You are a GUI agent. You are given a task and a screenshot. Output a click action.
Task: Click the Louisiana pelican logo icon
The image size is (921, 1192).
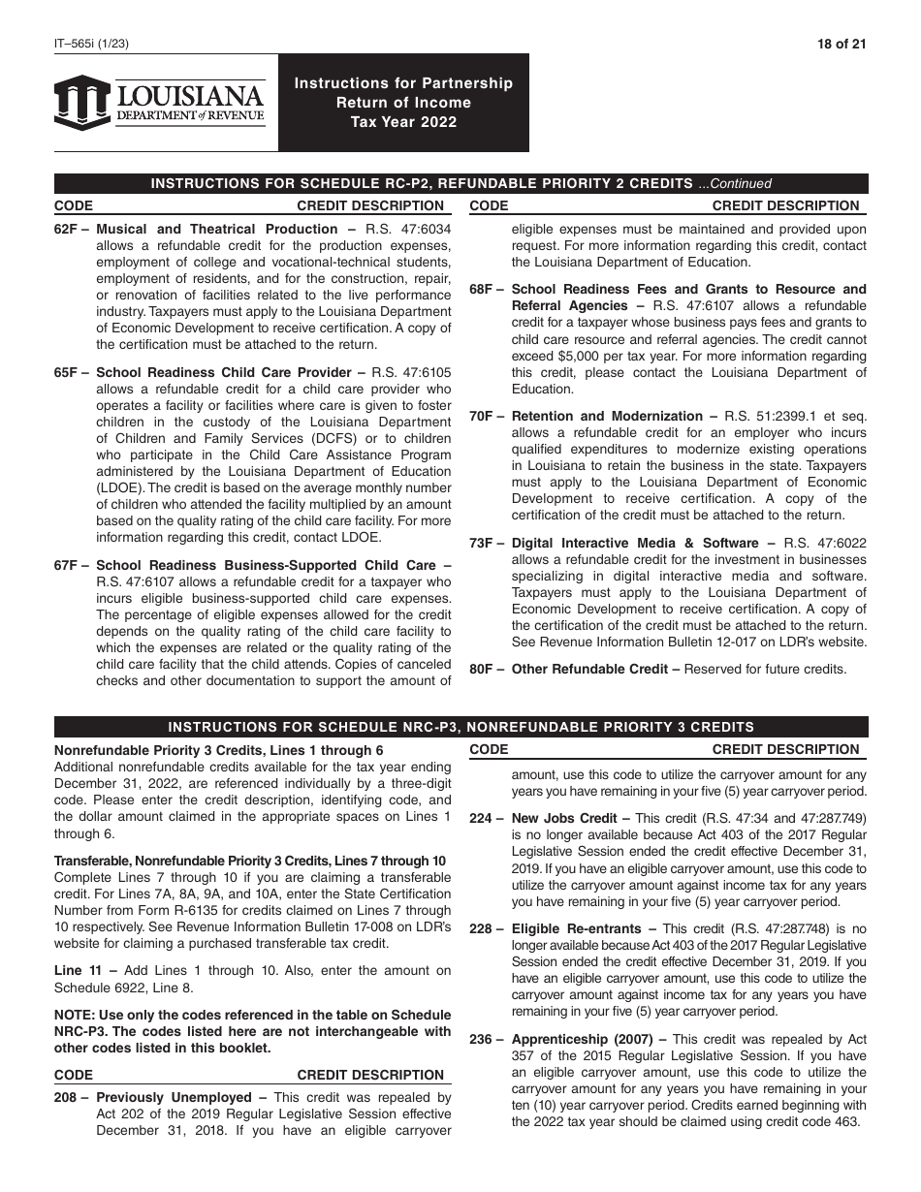click(82, 102)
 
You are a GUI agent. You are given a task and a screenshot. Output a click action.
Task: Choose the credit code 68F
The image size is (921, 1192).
click(485, 289)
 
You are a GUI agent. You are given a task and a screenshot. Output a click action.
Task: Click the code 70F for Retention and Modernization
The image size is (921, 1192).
click(485, 416)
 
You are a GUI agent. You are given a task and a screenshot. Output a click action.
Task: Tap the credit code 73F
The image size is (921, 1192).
click(485, 543)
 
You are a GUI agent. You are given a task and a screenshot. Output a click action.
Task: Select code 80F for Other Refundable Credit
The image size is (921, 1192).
click(485, 669)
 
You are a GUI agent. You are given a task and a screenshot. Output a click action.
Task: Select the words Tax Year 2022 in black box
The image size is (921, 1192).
click(403, 122)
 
